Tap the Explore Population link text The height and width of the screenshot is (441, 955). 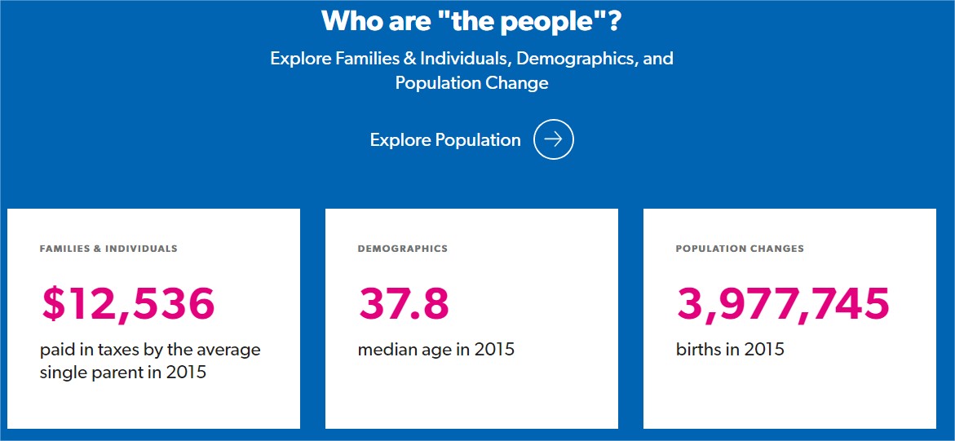(445, 140)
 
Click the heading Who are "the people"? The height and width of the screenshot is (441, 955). (472, 22)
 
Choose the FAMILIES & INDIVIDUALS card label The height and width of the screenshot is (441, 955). (108, 249)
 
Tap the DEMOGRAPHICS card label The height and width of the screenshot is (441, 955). (403, 249)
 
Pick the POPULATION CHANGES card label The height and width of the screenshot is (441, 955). (740, 249)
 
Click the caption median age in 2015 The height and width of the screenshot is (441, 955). (436, 351)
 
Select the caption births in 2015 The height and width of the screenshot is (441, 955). (730, 351)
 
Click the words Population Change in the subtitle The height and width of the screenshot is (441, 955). (472, 83)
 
